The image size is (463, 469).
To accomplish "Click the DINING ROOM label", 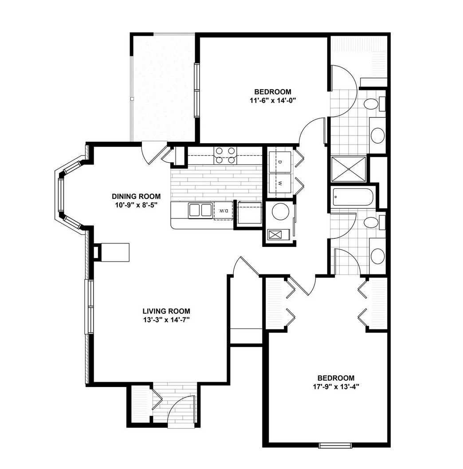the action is click(136, 196).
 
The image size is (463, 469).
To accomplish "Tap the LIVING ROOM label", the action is click(166, 311).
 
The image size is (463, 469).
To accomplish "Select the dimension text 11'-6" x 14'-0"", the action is click(273, 101).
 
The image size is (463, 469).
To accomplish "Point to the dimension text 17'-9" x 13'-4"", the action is click(336, 387).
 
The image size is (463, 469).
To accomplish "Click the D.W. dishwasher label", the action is click(223, 211).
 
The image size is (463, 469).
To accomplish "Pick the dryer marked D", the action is click(280, 162).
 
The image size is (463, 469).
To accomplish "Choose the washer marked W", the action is click(280, 184).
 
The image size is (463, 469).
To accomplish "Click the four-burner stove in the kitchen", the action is click(225, 156).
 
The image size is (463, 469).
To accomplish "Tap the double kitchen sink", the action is click(200, 210).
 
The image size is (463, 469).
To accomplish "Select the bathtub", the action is click(353, 197).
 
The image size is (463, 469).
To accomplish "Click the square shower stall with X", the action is click(349, 169).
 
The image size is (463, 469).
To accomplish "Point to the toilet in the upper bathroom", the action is click(374, 103).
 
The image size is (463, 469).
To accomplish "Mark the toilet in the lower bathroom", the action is click(374, 223).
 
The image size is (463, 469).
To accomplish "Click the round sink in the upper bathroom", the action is click(378, 136).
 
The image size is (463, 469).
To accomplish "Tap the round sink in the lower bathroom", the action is click(378, 256).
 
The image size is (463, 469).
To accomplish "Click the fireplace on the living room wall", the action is click(112, 252).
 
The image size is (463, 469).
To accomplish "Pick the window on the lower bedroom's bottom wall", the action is click(335, 446).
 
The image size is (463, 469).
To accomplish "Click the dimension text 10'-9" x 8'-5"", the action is click(137, 205).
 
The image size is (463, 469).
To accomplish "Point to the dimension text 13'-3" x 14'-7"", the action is click(167, 320).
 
